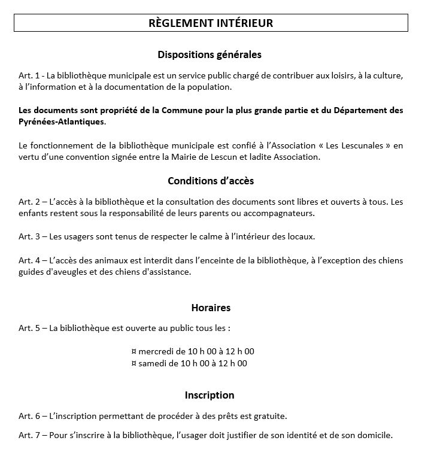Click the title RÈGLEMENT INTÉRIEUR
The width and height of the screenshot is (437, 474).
pos(210,23)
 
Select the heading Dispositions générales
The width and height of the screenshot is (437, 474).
pos(210,55)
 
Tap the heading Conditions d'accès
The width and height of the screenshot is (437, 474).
pos(210,181)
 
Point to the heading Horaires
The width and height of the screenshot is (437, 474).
pos(211,308)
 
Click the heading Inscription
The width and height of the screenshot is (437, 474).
pos(210,396)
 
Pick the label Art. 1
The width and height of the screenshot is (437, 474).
pos(28,76)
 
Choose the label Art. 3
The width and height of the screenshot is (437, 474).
pos(28,236)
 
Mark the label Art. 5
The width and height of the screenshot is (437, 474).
pos(28,328)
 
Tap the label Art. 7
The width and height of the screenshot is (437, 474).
pos(28,435)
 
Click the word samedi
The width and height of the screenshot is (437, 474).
pos(151,363)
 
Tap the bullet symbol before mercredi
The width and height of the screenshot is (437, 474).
pos(133,351)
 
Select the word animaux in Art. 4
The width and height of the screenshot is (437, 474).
pos(109,260)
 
